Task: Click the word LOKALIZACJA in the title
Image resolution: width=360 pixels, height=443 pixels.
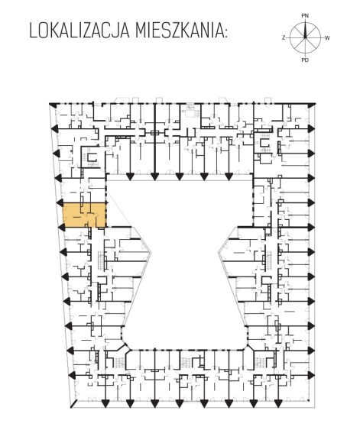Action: (79, 31)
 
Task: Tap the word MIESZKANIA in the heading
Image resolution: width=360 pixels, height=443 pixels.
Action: (180, 31)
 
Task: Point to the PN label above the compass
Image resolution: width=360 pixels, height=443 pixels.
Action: (305, 16)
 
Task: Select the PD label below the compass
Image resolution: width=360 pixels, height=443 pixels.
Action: (305, 60)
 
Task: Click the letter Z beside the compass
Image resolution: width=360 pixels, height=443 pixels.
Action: (284, 38)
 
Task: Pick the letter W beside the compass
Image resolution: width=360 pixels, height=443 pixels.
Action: (327, 38)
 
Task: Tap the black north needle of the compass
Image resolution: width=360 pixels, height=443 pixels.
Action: (305, 31)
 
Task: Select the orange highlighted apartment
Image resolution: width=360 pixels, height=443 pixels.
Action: (85, 215)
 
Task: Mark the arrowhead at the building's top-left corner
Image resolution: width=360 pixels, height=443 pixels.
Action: (52, 104)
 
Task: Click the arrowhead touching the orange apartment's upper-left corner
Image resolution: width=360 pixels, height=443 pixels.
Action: (60, 202)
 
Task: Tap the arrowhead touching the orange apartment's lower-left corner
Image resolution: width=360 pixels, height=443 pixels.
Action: (61, 227)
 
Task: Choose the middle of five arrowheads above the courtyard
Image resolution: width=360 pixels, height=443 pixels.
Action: (179, 176)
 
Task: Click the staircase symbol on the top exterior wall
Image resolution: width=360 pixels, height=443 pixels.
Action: (189, 109)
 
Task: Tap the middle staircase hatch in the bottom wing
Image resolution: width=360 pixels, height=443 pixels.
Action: (186, 362)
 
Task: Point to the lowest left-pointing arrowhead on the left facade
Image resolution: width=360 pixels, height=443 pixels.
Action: (73, 375)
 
